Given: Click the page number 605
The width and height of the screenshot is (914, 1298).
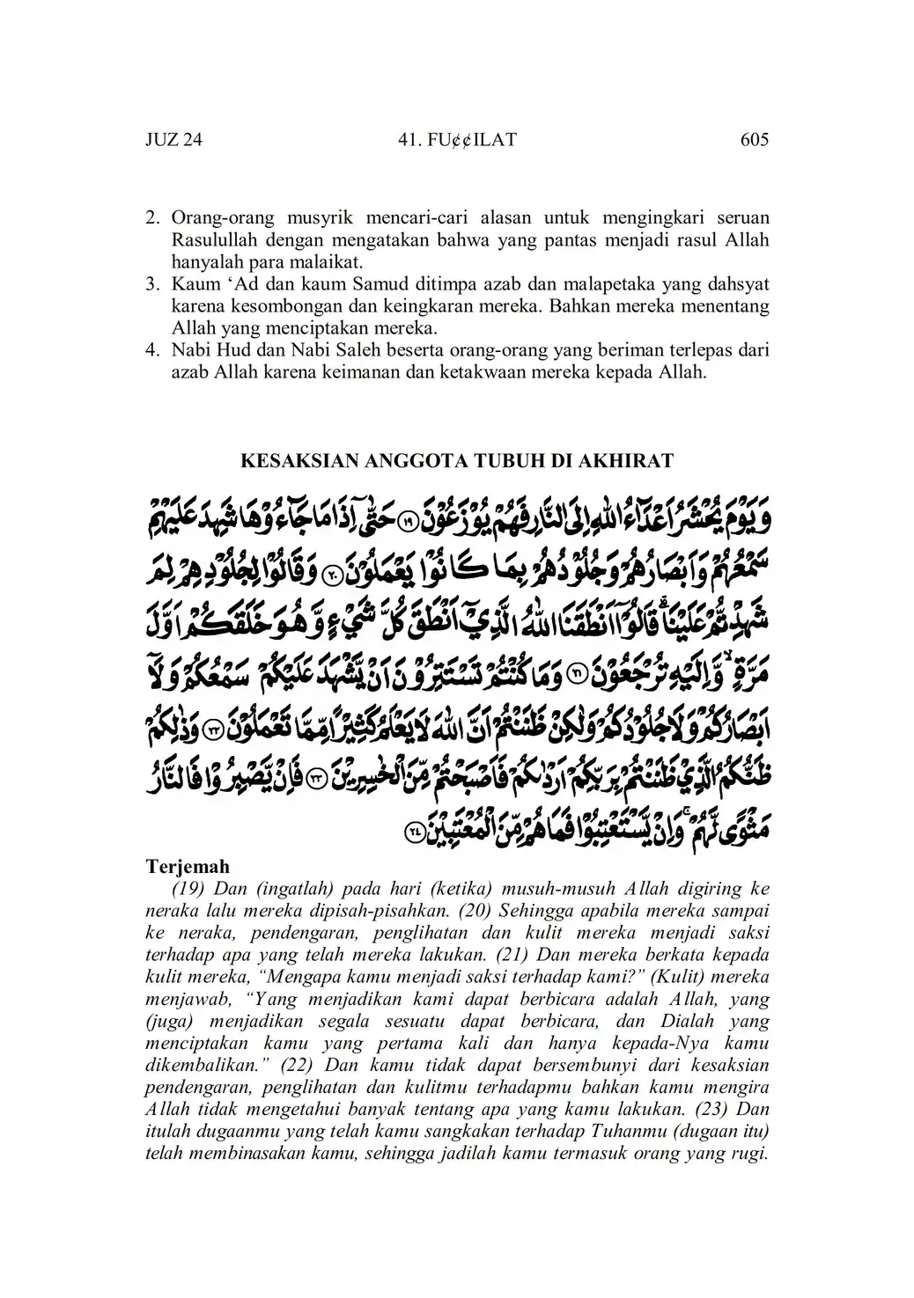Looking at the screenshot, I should pyautogui.click(x=755, y=140).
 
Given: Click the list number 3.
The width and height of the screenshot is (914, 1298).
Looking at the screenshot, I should pyautogui.click(x=151, y=284).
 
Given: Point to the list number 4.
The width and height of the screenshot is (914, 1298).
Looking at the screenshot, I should pyautogui.click(x=151, y=350).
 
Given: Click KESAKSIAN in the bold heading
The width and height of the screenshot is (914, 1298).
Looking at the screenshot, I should pyautogui.click(x=291, y=461).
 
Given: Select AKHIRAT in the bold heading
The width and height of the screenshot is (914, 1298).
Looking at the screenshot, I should pyautogui.click(x=630, y=461).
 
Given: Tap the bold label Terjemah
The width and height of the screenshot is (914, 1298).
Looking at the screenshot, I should pyautogui.click(x=188, y=866).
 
